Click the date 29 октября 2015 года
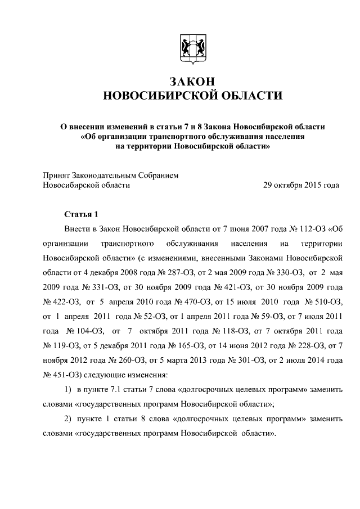(x=301, y=184)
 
